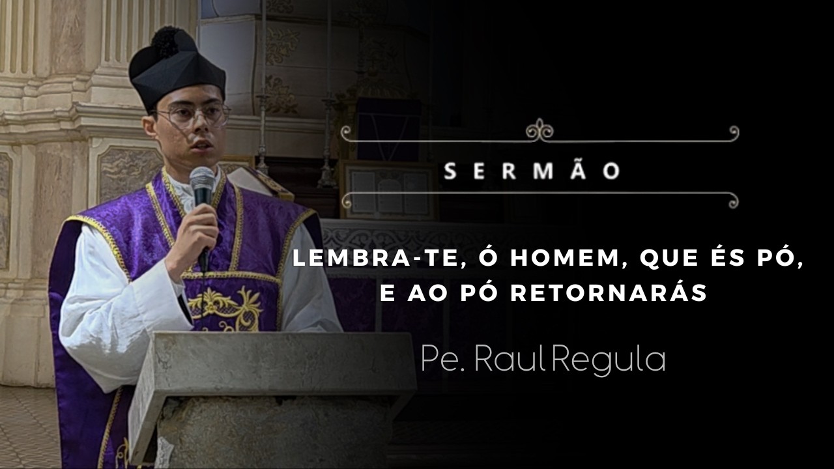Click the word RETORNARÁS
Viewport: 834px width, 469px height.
[609, 293]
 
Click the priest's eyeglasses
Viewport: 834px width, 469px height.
[194, 117]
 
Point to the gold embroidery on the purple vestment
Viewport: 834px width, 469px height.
[225, 307]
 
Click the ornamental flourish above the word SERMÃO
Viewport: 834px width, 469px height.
[539, 130]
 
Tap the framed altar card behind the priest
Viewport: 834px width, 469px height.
[388, 190]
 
